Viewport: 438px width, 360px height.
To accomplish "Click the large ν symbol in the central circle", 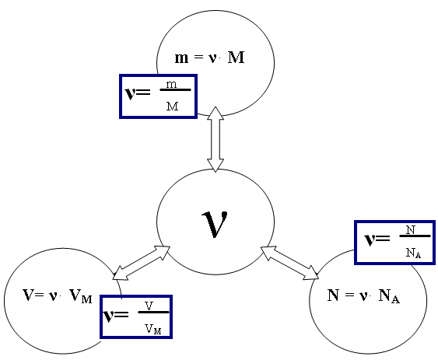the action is pos(215,224).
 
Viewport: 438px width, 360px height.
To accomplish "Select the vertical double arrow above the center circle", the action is pos(215,139).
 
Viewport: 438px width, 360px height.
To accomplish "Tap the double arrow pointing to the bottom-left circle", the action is pos(142,263).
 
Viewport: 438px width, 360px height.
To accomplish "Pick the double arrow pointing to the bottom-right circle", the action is pos(289,263).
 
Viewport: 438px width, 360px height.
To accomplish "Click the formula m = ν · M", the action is pos(209,58).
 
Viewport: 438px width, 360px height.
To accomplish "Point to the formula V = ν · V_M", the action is pos(58,295).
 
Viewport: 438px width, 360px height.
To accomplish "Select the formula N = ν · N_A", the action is pos(363,295).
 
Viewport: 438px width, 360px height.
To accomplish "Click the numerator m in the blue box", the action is pos(171,84).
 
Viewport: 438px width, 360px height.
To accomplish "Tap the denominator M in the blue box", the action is pos(172,106).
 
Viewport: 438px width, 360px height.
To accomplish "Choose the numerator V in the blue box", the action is pos(149,306).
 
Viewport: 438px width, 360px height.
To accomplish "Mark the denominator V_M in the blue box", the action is pos(153,329).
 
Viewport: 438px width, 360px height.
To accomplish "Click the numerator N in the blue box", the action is pos(410,230).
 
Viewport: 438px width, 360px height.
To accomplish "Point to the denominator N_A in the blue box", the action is pos(413,253).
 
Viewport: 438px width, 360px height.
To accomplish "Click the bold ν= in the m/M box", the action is pos(138,93).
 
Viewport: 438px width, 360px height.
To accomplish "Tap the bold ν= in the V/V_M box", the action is pos(116,315).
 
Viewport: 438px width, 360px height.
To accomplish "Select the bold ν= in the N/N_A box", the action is pos(377,239).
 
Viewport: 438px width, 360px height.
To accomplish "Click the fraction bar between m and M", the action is pos(175,90).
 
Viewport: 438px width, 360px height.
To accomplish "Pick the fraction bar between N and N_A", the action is pos(415,236).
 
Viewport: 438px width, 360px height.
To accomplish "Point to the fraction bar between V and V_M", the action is pos(154,312).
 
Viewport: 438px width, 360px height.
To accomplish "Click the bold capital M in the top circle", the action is pos(237,58).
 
